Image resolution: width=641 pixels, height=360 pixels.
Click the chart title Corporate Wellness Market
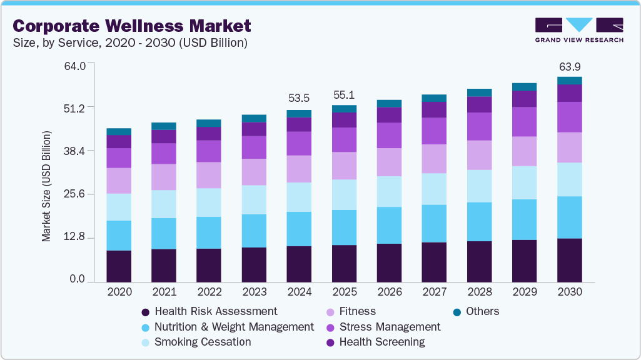[132, 26]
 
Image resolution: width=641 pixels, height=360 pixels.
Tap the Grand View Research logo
[578, 30]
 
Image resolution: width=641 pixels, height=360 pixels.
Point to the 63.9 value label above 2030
[570, 66]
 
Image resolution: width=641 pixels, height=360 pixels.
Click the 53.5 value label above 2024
[299, 98]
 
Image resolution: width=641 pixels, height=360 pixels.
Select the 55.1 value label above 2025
[344, 95]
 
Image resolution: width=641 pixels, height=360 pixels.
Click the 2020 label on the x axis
[119, 292]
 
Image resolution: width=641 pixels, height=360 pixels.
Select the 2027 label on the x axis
[434, 292]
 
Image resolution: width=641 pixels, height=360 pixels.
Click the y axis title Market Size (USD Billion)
[46, 186]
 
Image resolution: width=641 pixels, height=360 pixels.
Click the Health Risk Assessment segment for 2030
[569, 260]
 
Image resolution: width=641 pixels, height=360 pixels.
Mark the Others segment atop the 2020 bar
[119, 131]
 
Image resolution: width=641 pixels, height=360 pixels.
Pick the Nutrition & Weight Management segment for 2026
[389, 225]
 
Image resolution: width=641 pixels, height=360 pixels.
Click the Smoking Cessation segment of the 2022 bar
[209, 202]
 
